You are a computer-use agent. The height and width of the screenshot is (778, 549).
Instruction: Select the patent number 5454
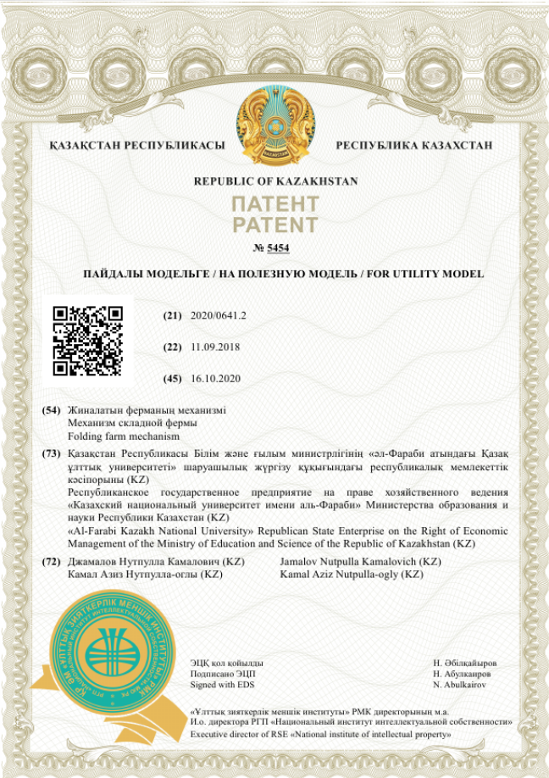click(278, 247)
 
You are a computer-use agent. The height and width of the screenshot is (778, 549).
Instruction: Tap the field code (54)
click(52, 410)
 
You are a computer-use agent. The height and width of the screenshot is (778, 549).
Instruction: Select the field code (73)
click(52, 454)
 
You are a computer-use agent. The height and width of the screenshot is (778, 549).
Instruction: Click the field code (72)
click(52, 562)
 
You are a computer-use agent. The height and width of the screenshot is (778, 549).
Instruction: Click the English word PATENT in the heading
click(275, 225)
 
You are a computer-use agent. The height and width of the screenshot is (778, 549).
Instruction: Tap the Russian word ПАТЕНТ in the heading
click(275, 205)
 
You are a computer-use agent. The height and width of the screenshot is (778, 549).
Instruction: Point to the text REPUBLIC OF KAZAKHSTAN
click(275, 181)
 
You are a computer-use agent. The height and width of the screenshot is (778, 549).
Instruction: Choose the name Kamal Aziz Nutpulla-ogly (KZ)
click(351, 575)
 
